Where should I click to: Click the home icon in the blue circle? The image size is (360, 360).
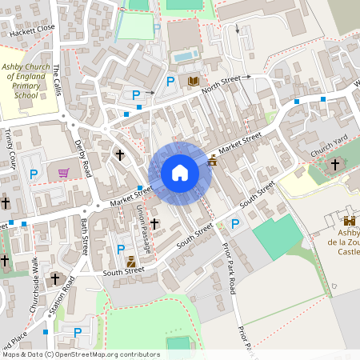[x=180, y=173]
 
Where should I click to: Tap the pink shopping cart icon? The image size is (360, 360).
[x=63, y=172]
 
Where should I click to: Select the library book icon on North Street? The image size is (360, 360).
[x=193, y=81]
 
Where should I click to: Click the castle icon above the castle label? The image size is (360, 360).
[x=349, y=221]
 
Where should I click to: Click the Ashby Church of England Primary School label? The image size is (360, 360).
[x=26, y=82]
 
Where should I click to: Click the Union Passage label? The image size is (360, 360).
[x=144, y=228]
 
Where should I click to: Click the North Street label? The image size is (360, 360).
[x=221, y=84]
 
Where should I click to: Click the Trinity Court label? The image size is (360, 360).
[x=10, y=148]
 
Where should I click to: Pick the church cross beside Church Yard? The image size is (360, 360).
[x=334, y=164]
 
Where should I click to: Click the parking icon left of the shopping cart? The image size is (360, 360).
[x=34, y=174]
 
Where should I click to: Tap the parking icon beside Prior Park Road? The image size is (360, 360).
[x=235, y=224]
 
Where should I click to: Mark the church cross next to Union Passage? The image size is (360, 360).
[x=154, y=224]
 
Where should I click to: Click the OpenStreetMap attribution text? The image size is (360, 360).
[x=81, y=354]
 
